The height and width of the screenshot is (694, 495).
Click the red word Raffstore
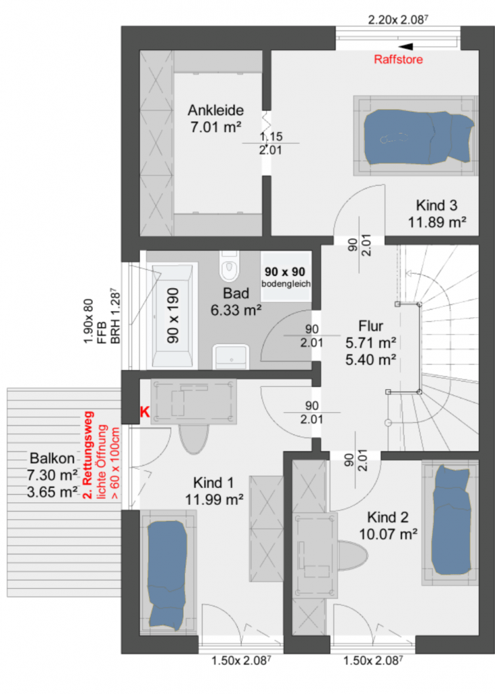coord(398,60)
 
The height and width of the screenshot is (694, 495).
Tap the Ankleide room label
coord(215,110)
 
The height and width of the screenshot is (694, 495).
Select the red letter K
coord(145,412)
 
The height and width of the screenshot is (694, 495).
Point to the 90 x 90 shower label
coord(285,271)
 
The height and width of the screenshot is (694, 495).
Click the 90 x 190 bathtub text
coord(173,315)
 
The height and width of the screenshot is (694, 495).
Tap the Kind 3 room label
coord(436,205)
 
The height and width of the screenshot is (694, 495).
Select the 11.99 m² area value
coord(214,499)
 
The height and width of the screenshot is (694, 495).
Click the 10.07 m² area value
coord(388,534)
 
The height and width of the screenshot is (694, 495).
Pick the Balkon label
coord(51,458)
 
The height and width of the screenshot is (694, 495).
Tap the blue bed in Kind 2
coord(450,520)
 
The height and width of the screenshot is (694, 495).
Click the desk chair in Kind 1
coord(193,438)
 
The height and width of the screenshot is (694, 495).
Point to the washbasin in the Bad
coord(230,356)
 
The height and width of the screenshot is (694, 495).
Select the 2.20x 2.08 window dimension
coord(397,20)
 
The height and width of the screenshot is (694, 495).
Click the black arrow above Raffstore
coord(406,47)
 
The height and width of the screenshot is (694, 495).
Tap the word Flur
coord(370,326)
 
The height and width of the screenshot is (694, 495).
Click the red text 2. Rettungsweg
coord(89,455)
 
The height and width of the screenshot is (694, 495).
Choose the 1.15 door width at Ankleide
coord(271,137)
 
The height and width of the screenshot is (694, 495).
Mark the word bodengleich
coord(286,284)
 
